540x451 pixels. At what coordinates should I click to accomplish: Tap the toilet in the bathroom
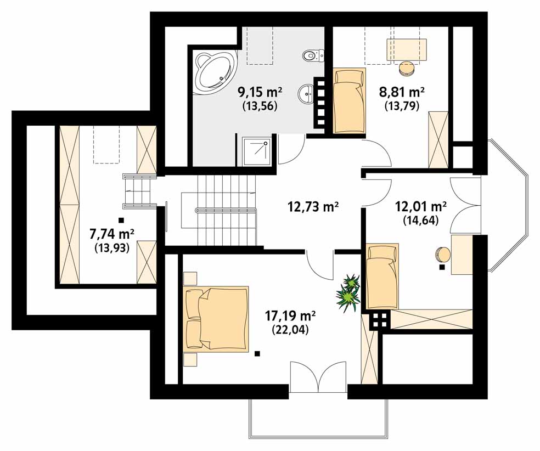[x=313, y=55]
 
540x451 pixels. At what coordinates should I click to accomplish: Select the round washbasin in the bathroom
[x=306, y=93]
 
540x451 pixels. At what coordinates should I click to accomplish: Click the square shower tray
[x=256, y=151]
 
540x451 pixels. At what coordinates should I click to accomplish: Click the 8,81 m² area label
[x=402, y=92]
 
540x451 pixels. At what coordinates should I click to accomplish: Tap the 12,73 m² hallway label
[x=313, y=207]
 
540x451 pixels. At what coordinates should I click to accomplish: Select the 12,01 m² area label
[x=421, y=207]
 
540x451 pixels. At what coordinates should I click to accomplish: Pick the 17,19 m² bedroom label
[x=290, y=315]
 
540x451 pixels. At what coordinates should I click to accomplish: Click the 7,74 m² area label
[x=112, y=234]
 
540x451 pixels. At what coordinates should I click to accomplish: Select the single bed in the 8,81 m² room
[x=349, y=100]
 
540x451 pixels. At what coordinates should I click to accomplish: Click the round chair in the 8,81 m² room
[x=407, y=68]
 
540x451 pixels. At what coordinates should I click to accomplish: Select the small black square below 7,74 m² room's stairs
[x=121, y=220]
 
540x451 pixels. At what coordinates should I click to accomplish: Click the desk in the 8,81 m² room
[x=407, y=50]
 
